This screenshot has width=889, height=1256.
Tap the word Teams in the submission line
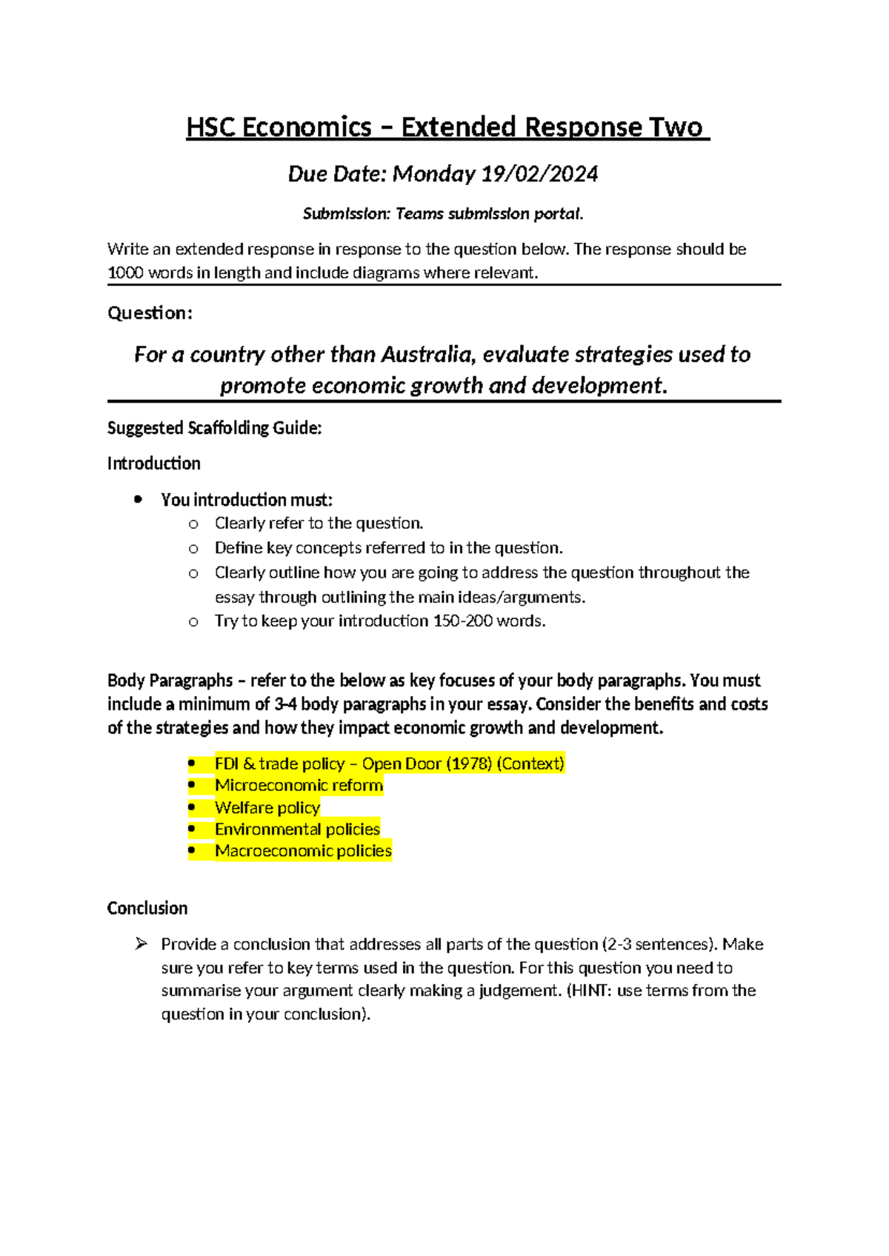(419, 214)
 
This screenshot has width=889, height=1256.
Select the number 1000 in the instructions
(125, 273)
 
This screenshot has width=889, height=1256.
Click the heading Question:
(150, 313)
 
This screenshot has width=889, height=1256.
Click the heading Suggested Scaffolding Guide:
(214, 428)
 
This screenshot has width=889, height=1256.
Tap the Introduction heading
(153, 464)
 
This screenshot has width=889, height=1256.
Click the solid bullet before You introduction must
(138, 500)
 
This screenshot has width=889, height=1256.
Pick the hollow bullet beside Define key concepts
(193, 549)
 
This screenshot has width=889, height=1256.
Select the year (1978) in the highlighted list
(468, 764)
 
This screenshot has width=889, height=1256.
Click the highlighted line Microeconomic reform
(299, 786)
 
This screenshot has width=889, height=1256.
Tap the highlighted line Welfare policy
(267, 808)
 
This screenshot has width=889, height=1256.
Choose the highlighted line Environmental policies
(297, 829)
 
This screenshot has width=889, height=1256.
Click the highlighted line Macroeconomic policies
(303, 851)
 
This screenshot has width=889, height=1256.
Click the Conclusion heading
(147, 909)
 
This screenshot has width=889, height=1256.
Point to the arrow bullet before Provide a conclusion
(141, 944)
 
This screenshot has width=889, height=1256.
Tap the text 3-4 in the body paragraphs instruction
(285, 704)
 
